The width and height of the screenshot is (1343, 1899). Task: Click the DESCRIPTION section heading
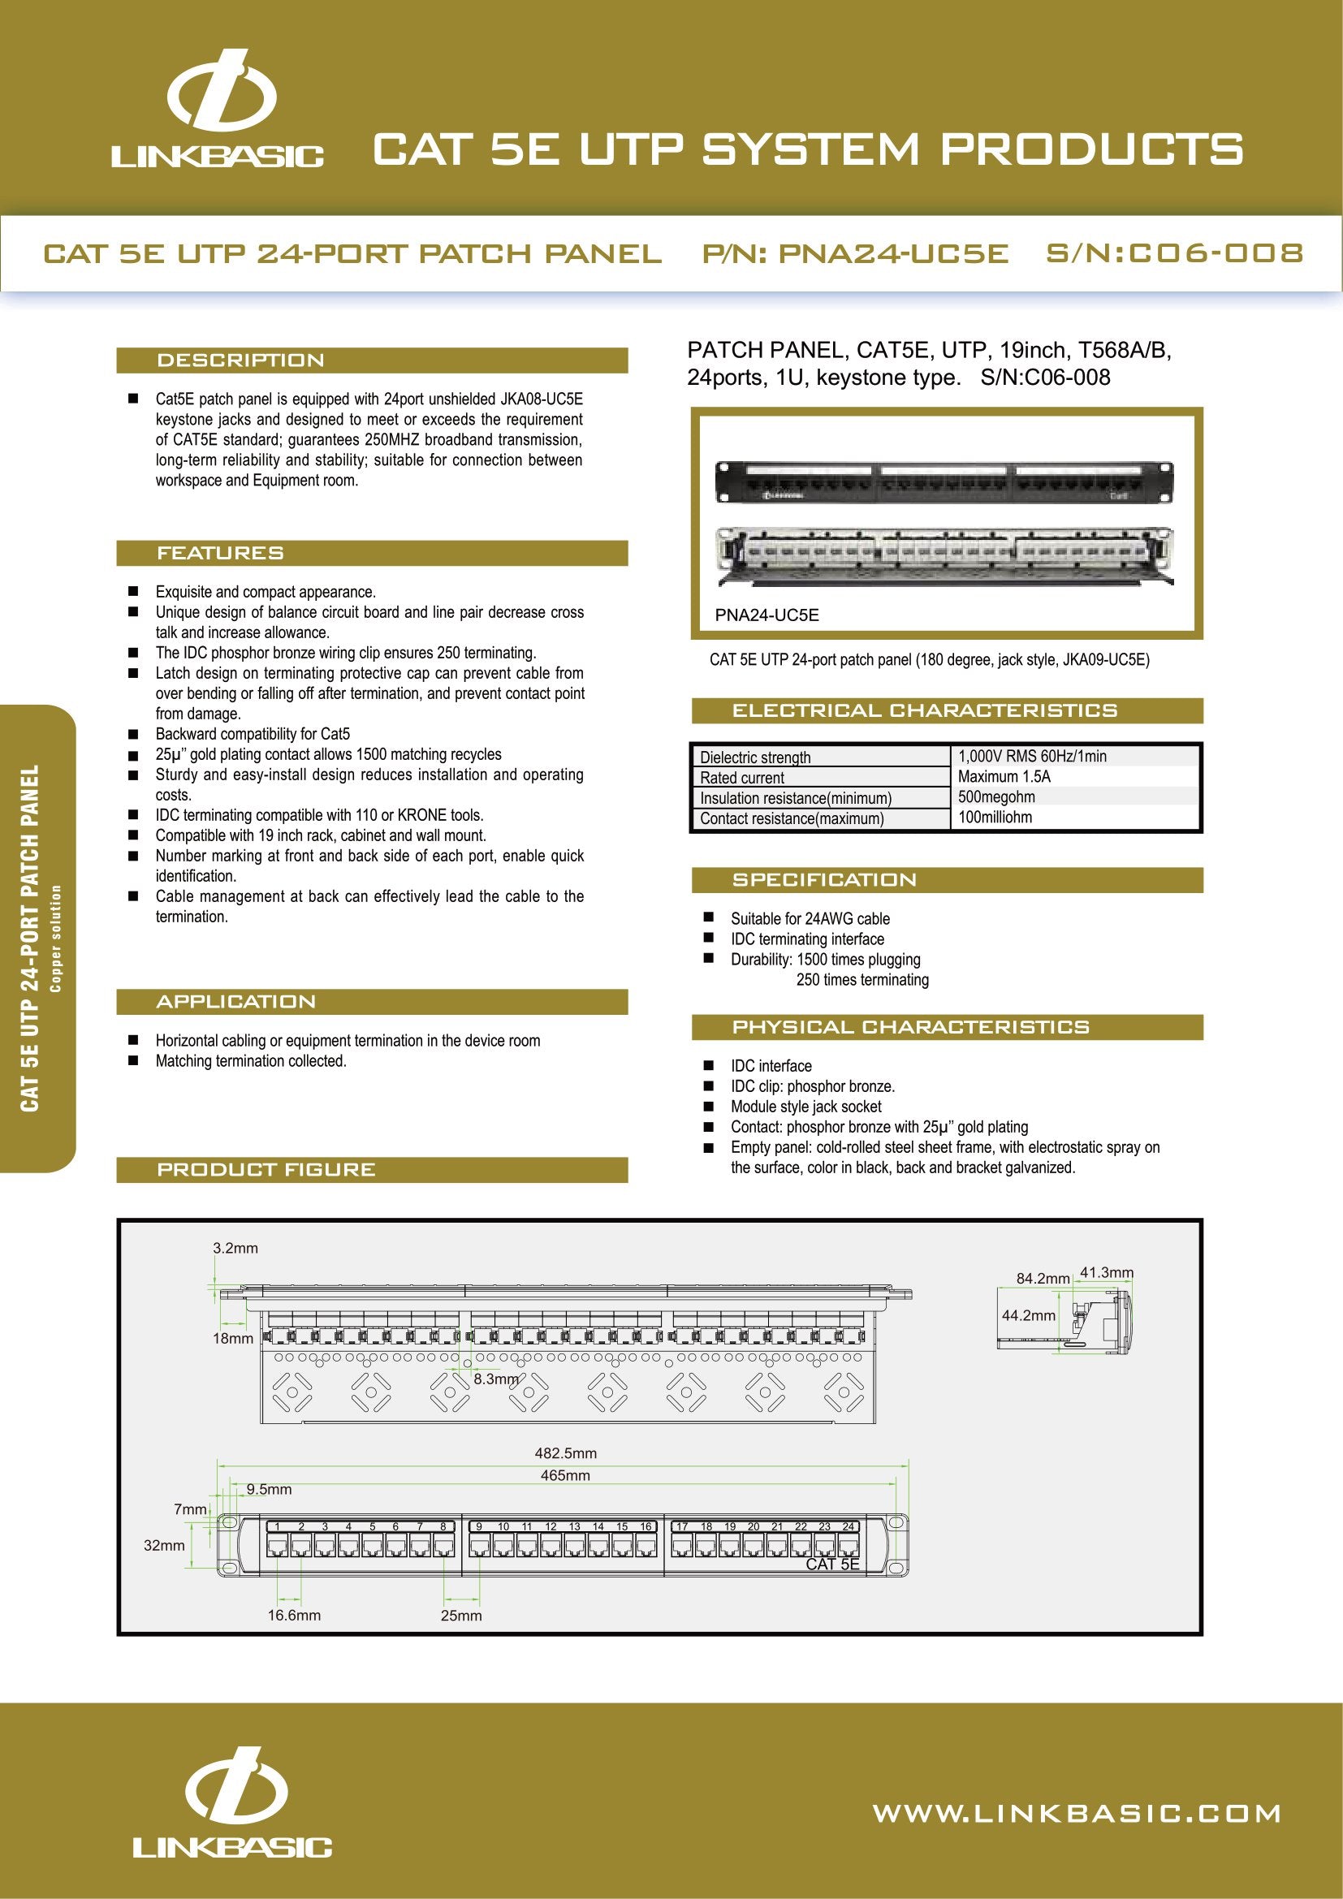point(240,360)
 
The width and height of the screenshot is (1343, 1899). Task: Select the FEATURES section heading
point(220,554)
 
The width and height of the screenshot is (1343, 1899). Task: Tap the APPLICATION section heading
point(235,1002)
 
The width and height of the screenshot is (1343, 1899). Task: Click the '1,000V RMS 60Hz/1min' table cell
point(1031,756)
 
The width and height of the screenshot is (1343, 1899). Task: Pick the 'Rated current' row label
point(742,778)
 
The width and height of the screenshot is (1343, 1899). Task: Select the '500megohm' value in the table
point(995,796)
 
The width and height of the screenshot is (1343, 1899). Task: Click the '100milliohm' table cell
point(994,818)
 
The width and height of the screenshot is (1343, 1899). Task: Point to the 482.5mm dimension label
point(565,1453)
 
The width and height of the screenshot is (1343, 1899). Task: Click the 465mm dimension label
point(565,1475)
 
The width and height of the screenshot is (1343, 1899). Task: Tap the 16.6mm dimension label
point(294,1616)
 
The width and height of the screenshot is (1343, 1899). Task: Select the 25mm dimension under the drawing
point(460,1616)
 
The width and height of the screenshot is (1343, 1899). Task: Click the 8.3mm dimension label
point(495,1379)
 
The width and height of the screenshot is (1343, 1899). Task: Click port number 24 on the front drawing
point(849,1527)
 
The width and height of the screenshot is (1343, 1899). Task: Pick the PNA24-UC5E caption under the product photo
point(767,615)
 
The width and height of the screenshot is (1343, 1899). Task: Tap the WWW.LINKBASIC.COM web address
point(1076,1814)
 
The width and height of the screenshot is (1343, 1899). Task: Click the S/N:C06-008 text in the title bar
point(1174,253)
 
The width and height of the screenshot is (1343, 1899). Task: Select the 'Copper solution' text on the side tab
point(56,938)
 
